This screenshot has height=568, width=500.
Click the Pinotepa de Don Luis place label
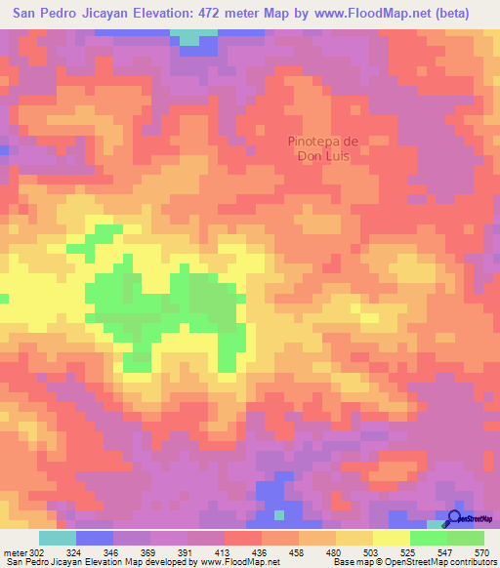click(324, 147)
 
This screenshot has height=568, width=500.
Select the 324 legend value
click(86, 552)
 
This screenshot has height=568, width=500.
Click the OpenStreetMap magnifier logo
click(454, 519)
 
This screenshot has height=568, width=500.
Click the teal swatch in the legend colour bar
click(58, 538)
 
